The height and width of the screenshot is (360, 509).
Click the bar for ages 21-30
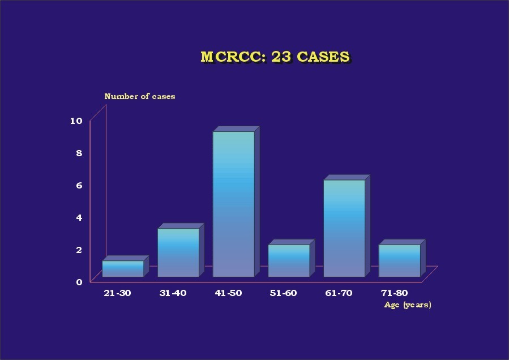coord(125,266)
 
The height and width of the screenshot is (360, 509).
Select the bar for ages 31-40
coord(181,250)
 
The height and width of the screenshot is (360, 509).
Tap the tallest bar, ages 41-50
coord(236,202)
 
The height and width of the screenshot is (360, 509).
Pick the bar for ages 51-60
coord(291,258)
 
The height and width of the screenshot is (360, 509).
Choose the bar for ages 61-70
coord(347,226)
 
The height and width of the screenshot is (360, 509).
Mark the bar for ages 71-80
coord(402,258)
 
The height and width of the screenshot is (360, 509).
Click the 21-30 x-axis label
coord(118,293)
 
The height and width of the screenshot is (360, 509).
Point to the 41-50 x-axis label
coord(228,293)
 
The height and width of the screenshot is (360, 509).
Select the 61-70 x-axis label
coord(339,293)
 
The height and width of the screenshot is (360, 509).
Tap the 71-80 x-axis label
coord(395,293)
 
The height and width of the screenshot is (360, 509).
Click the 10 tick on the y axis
coord(76,121)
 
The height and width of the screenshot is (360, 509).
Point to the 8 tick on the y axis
coord(79,153)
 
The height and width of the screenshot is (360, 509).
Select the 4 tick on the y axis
coord(79,217)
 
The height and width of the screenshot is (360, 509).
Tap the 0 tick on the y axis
coord(79,282)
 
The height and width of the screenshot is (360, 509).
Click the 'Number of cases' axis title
coord(140,96)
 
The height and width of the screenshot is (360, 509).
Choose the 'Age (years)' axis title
coord(408,305)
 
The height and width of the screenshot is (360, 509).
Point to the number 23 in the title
coord(281,57)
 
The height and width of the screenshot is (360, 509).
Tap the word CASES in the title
coord(323,57)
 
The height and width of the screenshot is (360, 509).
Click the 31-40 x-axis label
coord(173,293)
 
